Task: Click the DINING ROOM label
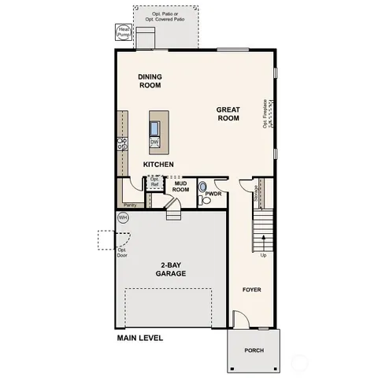(150, 80)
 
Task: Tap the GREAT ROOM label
(228, 115)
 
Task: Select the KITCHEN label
(158, 164)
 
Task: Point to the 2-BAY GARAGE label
(170, 270)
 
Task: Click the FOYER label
(252, 290)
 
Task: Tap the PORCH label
(254, 350)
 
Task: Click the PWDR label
(213, 193)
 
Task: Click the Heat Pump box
(124, 33)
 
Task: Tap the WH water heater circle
(123, 217)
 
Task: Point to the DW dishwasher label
(155, 142)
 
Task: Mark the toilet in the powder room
(203, 187)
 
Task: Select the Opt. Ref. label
(154, 182)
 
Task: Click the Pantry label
(129, 204)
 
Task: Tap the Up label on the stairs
(263, 254)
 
